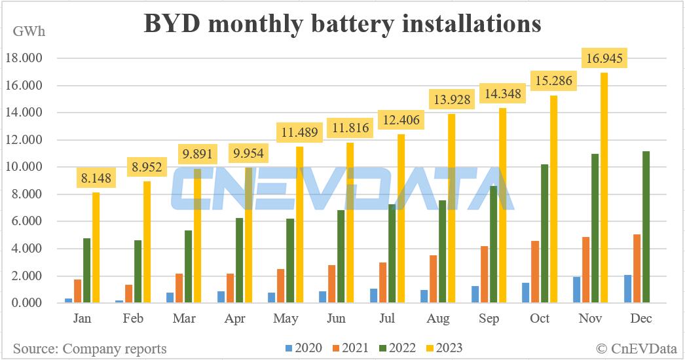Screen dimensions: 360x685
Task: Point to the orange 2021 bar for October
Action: (535, 272)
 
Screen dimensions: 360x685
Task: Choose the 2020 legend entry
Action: (304, 348)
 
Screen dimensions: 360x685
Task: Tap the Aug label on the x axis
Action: (438, 319)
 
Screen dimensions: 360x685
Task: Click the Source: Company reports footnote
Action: (90, 348)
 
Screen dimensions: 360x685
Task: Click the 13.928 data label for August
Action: (449, 101)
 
